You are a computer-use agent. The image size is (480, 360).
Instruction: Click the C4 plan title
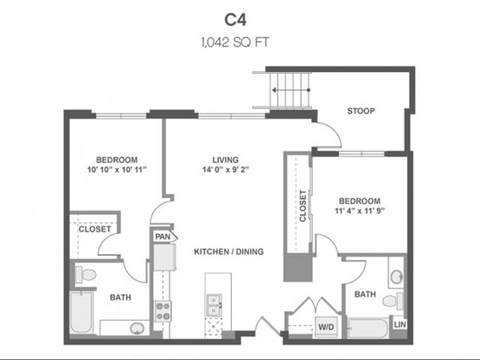point(240,17)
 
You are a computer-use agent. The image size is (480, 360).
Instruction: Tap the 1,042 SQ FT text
point(240,43)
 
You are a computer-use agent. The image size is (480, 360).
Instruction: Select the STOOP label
point(361,112)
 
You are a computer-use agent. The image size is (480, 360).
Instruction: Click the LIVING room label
point(225,160)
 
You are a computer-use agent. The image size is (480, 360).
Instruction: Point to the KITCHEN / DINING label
point(229,251)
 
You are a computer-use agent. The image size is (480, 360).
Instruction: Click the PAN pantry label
point(162,237)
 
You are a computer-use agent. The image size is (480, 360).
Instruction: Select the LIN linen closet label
point(399,324)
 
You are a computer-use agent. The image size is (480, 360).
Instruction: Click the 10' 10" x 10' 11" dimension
point(116,170)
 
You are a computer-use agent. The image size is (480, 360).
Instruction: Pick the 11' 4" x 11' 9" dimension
point(359,211)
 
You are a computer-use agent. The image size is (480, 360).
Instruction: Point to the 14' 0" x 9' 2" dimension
point(225,170)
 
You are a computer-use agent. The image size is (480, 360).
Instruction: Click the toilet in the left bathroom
point(85,274)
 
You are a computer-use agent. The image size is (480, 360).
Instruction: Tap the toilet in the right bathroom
point(392,300)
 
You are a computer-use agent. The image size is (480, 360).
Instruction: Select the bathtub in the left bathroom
point(80,313)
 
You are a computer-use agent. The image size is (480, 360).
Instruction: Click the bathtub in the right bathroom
point(368,328)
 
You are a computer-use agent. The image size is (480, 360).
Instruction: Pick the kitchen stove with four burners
point(163,310)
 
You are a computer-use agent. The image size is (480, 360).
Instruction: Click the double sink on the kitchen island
point(214,304)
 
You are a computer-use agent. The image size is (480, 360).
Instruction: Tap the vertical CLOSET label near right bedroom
point(303,206)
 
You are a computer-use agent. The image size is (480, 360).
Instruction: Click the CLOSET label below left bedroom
point(94,229)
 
